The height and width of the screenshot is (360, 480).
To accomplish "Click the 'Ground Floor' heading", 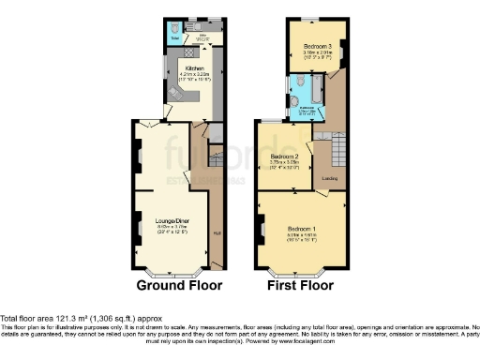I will [180, 284].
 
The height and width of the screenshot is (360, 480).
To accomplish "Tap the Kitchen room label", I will [195, 68].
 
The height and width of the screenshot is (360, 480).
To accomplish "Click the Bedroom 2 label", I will [284, 156].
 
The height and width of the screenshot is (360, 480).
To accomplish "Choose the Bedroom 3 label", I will [313, 45].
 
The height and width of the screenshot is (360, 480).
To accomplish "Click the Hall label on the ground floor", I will [217, 234].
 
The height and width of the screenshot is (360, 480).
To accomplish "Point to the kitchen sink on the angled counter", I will [174, 94].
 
